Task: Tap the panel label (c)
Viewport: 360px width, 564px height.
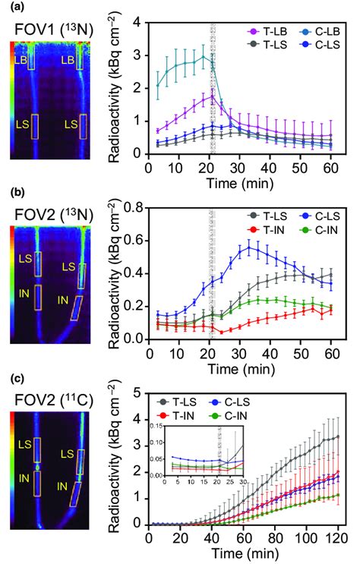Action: [x=11, y=377]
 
